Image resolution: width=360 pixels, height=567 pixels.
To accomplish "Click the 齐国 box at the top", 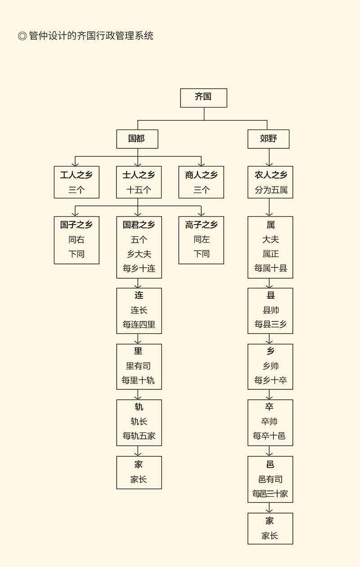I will point(203,98).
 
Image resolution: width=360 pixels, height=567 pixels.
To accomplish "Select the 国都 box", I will point(137,139).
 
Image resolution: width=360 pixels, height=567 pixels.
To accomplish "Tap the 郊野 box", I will point(268,139).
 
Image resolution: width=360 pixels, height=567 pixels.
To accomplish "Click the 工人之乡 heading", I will point(76,175).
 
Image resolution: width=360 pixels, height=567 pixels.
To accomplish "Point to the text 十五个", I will point(139,190).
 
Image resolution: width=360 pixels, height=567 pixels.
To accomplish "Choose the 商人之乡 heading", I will point(201,175).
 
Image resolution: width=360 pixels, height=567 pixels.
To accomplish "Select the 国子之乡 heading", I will point(76,225).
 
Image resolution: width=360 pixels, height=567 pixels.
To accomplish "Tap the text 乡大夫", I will point(139,254).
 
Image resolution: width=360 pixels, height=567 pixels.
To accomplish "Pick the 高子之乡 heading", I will point(201,225).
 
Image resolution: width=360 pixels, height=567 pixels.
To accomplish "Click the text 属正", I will point(270,254).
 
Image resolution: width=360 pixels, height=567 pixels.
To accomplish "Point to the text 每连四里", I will point(139,324).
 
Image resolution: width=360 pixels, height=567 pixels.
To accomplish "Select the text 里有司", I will point(138,366).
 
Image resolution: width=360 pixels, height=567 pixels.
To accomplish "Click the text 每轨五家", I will point(139,436).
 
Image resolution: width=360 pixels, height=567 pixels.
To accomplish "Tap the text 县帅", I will point(270,310).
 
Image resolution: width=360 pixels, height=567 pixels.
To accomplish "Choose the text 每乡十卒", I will point(270,380).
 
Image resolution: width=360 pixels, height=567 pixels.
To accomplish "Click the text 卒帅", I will point(270,422).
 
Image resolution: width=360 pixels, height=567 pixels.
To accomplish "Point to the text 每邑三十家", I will point(270,494).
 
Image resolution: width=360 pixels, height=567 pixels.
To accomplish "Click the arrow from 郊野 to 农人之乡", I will point(270,157).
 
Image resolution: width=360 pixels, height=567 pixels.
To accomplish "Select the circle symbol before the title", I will point(22,36).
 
